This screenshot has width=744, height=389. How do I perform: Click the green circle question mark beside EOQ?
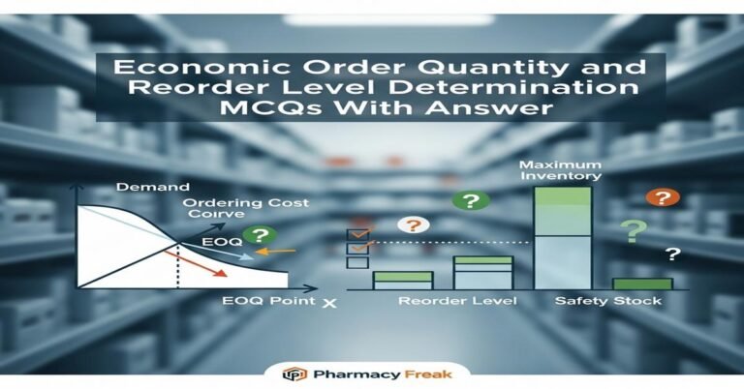coord(257,235)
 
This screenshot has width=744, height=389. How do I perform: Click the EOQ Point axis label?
coord(265,302)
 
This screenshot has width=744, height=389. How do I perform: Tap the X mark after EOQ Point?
coord(329,303)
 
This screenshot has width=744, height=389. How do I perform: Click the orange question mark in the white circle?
coord(414,224)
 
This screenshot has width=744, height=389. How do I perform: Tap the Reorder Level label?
coord(457,302)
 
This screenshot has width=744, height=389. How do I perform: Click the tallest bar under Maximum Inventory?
coord(563,237)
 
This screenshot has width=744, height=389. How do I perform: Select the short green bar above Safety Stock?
coord(641,284)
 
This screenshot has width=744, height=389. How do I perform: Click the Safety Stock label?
coord(608,302)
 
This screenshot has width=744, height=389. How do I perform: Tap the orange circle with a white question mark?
coord(662,197)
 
